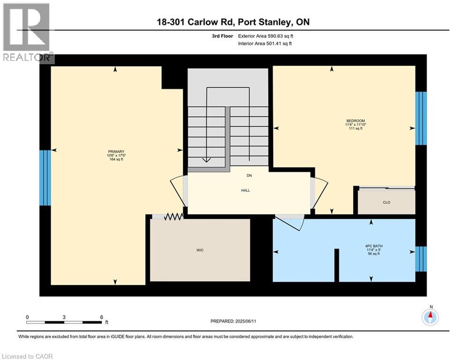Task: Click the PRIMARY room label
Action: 116,151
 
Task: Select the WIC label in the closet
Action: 200,250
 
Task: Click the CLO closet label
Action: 386,202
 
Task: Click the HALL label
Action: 245,190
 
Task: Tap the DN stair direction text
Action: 250,176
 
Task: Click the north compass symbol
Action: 430,317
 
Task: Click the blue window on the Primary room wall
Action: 45,178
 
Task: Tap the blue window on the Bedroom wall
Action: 421,118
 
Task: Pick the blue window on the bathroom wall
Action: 421,259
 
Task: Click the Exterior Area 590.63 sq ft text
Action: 266,36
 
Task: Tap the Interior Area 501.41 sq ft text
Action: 266,44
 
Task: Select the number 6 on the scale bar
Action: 102,317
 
